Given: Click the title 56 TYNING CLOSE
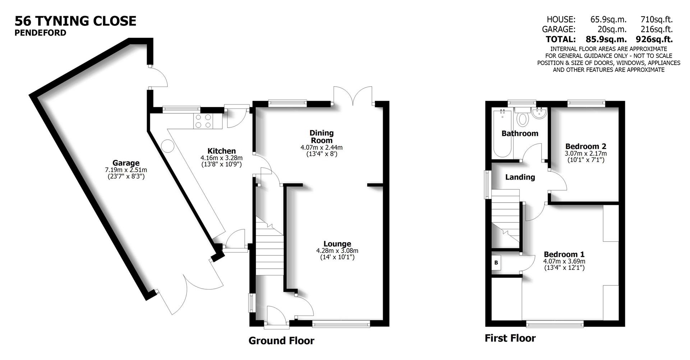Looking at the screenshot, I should pyautogui.click(x=75, y=21).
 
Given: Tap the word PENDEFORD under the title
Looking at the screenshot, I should pyautogui.click(x=40, y=33).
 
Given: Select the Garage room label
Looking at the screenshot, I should pyautogui.click(x=126, y=163).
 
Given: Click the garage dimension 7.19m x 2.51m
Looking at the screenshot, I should pyautogui.click(x=126, y=170).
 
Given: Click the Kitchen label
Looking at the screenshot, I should pyautogui.click(x=221, y=151).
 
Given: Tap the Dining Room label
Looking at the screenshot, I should pyautogui.click(x=321, y=137).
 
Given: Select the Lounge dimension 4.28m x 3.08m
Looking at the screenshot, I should pyautogui.click(x=337, y=251).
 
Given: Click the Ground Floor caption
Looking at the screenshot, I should pyautogui.click(x=281, y=341).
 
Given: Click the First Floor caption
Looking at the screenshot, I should pyautogui.click(x=510, y=338).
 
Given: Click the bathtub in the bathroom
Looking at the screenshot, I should pyautogui.click(x=502, y=134).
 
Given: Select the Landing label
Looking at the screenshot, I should pyautogui.click(x=520, y=177).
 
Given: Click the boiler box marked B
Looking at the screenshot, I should pyautogui.click(x=496, y=263).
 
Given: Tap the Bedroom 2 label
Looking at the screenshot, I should pyautogui.click(x=585, y=146).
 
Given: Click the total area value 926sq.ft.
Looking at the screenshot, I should pyautogui.click(x=654, y=39).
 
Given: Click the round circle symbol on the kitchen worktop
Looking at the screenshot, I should pyautogui.click(x=168, y=146).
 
